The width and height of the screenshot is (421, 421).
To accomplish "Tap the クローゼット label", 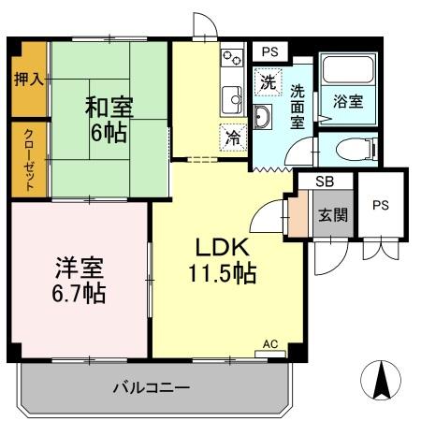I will (29, 159).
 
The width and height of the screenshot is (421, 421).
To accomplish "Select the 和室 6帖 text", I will (110, 118).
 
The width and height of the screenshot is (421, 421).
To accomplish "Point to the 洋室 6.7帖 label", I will (79, 279).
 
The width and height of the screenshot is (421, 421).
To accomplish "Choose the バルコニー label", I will (152, 387).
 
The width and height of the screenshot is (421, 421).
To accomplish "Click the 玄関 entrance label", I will (332, 215).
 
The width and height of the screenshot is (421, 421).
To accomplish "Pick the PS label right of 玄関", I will (382, 207).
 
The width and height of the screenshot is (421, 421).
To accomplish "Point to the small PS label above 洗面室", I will (269, 51).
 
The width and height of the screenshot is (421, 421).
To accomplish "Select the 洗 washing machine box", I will (267, 80).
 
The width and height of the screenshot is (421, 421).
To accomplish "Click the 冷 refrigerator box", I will (231, 136).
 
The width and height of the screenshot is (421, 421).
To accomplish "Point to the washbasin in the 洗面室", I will (263, 116).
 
